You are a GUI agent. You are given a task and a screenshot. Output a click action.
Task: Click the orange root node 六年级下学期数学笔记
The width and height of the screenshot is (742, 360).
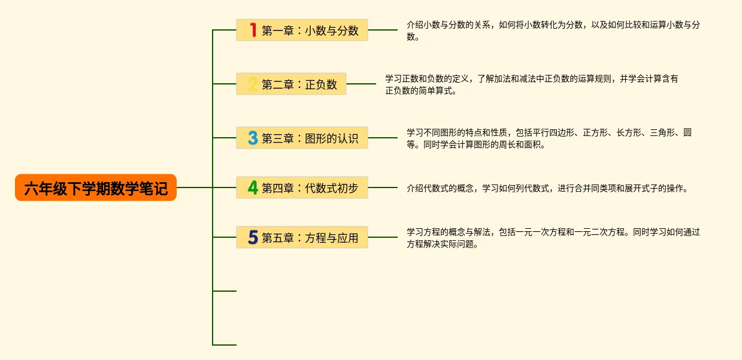click(96, 187)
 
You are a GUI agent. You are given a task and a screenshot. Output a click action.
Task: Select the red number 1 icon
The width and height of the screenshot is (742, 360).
click(253, 30)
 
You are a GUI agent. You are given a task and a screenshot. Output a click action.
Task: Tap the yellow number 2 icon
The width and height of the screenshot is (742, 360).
click(252, 84)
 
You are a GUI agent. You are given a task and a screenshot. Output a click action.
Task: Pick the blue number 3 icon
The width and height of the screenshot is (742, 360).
click(253, 138)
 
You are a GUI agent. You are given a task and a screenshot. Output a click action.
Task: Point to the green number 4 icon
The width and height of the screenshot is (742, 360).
click(253, 187)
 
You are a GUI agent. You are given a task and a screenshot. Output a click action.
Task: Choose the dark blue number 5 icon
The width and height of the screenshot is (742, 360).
click(253, 237)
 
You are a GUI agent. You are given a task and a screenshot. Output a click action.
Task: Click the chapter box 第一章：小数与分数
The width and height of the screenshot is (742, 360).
click(302, 30)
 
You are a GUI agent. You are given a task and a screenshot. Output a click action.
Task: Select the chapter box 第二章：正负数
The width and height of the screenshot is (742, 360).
click(291, 84)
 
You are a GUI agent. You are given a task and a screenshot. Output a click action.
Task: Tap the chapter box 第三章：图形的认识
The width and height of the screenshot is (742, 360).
click(302, 138)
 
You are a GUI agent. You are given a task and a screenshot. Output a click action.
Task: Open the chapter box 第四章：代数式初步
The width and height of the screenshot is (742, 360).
click(302, 187)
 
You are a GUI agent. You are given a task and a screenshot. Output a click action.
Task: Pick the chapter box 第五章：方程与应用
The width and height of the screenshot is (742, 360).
click(302, 237)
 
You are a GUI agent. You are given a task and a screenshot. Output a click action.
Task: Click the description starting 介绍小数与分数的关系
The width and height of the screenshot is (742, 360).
click(553, 31)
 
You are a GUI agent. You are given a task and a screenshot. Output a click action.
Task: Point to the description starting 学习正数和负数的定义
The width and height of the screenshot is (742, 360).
click(532, 84)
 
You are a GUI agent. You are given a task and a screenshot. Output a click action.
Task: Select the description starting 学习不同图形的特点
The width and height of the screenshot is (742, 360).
click(549, 138)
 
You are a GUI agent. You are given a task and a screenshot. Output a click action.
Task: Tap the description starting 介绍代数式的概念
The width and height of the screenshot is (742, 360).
click(547, 189)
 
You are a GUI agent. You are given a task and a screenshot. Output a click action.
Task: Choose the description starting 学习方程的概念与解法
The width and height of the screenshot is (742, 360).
click(553, 238)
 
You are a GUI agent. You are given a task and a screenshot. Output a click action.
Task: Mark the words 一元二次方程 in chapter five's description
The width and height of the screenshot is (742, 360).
click(599, 232)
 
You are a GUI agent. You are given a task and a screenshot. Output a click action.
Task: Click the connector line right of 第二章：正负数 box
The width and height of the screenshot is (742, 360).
click(361, 84)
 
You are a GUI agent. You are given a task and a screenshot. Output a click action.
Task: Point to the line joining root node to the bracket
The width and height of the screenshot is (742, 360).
click(195, 187)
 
